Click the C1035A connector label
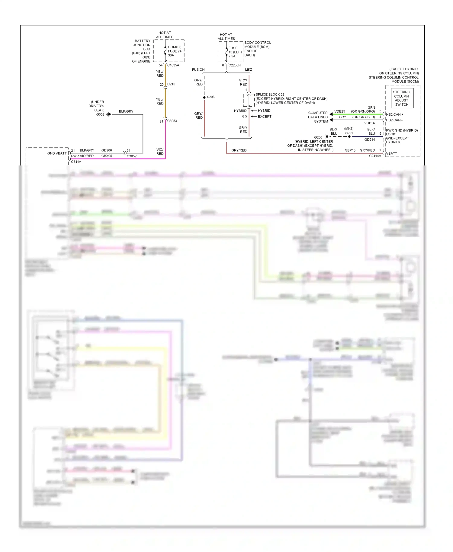pyautogui.click(x=173, y=65)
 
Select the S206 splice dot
pyautogui.click(x=204, y=97)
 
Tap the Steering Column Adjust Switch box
pyautogui.click(x=402, y=98)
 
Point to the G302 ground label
pyautogui.click(x=100, y=114)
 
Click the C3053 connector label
pyautogui.click(x=172, y=121)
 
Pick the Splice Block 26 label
pyautogui.click(x=270, y=95)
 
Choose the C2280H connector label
pyautogui.click(x=235, y=65)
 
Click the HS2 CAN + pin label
pyautogui.click(x=394, y=114)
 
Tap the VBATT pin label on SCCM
pyautogui.click(x=392, y=153)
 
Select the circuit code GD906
pyautogui.click(x=107, y=150)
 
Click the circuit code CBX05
pyautogui.click(x=107, y=156)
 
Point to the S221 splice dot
pyautogui.click(x=349, y=136)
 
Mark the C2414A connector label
pyautogui.click(x=375, y=156)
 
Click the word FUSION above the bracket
pyautogui.click(x=198, y=69)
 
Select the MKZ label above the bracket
pyautogui.click(x=248, y=69)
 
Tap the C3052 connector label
pyautogui.click(x=132, y=156)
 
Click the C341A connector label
pyautogui.click(x=76, y=162)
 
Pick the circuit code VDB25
pyautogui.click(x=339, y=111)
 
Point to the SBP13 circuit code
pyautogui.click(x=350, y=150)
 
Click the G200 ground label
pyautogui.click(x=318, y=137)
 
